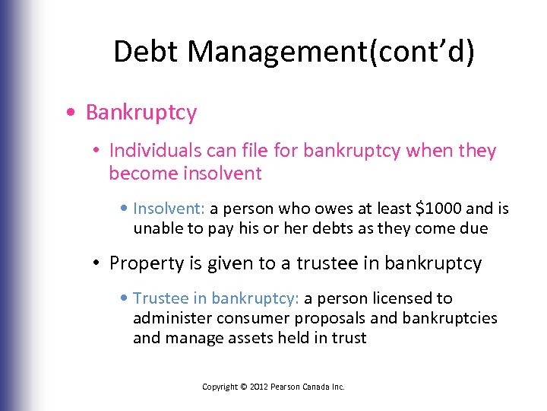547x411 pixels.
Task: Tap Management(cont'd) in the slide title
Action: (x=330, y=52)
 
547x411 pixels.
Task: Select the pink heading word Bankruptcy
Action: (x=141, y=113)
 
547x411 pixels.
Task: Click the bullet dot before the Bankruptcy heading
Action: (x=70, y=113)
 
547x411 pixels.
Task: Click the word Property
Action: (x=143, y=263)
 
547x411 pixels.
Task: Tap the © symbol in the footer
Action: (x=244, y=387)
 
